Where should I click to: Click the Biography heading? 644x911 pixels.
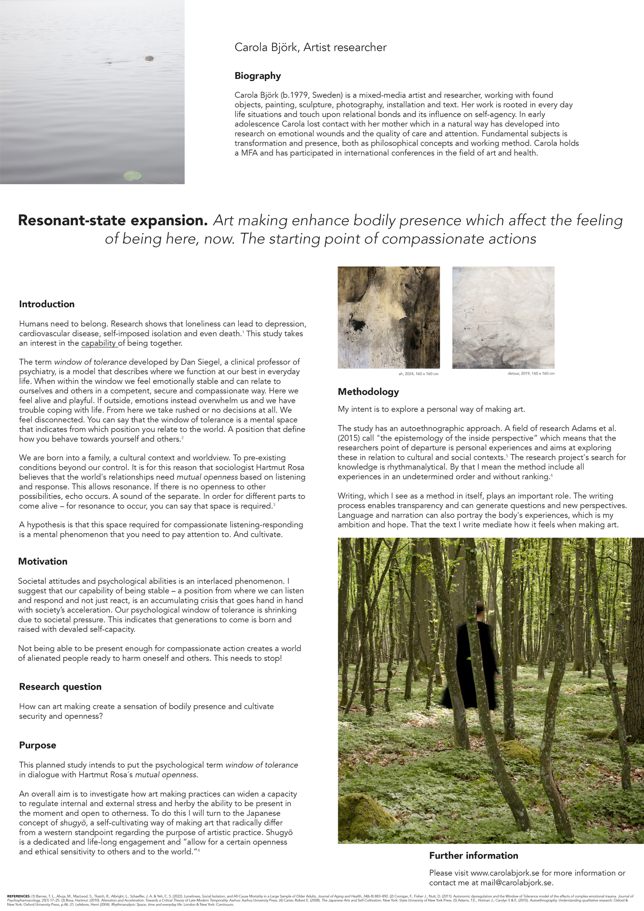point(257,76)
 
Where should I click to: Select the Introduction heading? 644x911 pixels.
point(47,304)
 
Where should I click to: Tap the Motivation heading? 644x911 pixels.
point(43,562)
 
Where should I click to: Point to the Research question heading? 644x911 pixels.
point(60,687)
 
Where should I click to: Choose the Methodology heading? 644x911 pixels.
point(368,392)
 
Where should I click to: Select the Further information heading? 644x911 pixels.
point(473,856)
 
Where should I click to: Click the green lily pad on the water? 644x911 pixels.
point(132,176)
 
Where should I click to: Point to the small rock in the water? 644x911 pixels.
point(149,58)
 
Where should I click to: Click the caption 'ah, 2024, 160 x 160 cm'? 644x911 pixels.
point(419,374)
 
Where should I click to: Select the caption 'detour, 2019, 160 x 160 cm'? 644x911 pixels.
point(531,374)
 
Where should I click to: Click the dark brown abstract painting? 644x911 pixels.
point(388,317)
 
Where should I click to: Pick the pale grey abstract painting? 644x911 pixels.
point(503,317)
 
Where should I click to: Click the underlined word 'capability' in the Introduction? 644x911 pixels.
point(99,344)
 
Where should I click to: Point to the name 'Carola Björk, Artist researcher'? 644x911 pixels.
point(310,48)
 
